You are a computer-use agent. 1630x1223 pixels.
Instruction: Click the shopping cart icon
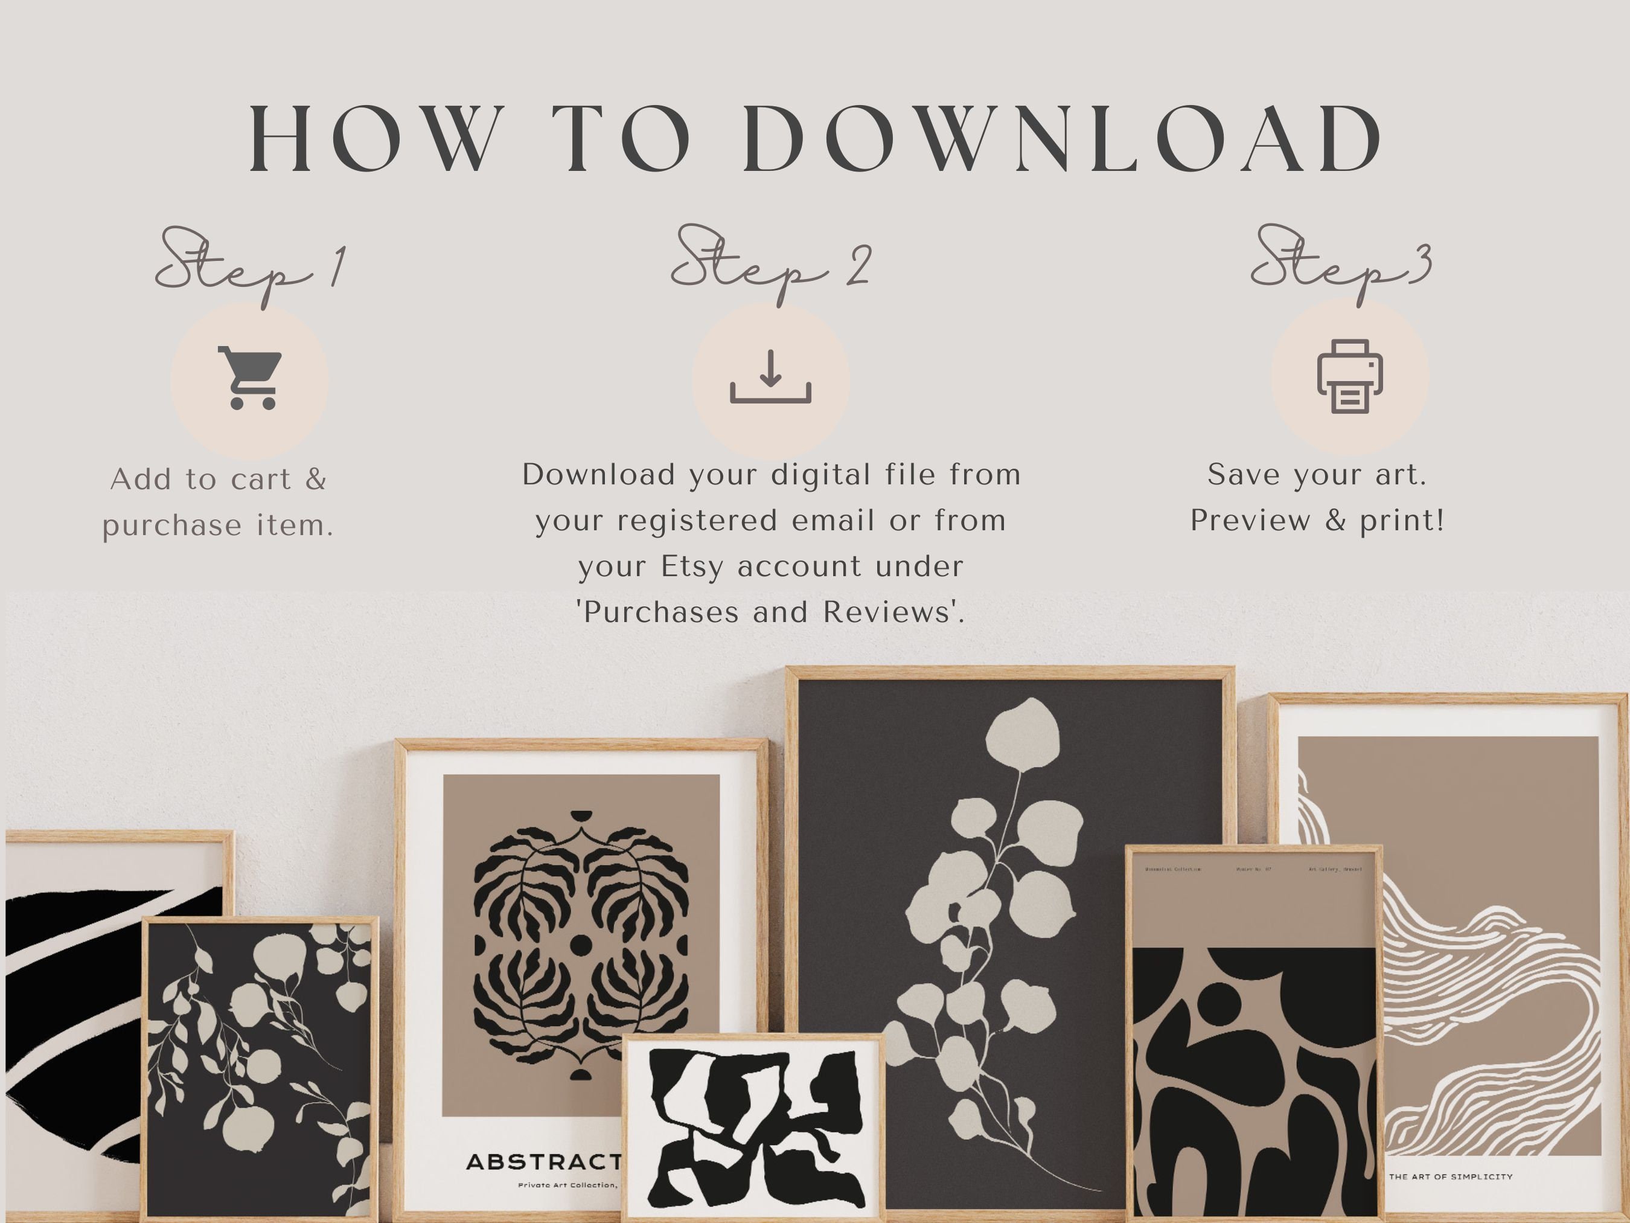pos(251,378)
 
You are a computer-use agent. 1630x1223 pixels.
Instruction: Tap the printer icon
pos(1350,376)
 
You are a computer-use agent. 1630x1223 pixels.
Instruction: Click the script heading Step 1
pos(251,265)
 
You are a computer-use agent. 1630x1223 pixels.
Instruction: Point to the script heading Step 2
pos(771,264)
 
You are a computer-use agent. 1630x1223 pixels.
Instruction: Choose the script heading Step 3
pos(1341,264)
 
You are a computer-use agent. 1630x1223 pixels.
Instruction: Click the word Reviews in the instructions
pos(892,612)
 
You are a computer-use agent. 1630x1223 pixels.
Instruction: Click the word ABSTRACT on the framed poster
pos(544,1163)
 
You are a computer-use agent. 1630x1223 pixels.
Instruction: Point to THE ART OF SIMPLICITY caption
pos(1450,1176)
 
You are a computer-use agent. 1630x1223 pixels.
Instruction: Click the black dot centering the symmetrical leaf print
pos(581,945)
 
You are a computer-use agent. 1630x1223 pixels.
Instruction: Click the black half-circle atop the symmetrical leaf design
pos(581,815)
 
